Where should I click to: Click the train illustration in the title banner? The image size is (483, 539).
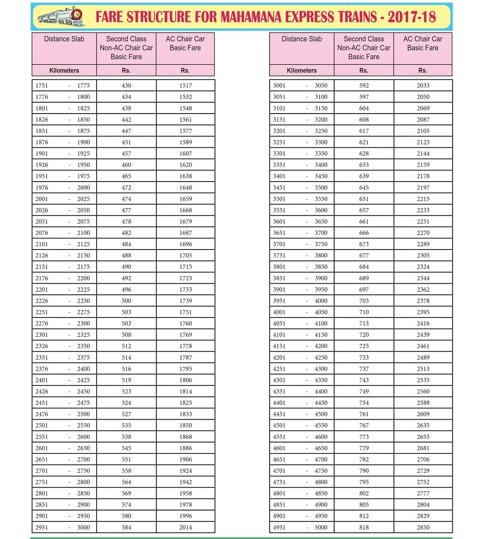point(61,17)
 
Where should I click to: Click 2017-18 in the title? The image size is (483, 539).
point(411,17)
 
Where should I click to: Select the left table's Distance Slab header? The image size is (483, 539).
point(64,39)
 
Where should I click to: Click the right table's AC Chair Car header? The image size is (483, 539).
point(422,43)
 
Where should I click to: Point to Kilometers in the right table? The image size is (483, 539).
point(302,70)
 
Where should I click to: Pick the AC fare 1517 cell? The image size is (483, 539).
point(185,86)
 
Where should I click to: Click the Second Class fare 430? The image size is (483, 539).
point(126,86)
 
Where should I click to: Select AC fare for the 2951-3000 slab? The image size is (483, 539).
point(185,527)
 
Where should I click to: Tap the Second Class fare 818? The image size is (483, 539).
point(364,527)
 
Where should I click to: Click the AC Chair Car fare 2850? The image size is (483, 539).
point(423,527)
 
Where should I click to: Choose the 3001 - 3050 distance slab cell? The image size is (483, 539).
point(301,86)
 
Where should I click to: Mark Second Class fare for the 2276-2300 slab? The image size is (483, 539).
point(126,323)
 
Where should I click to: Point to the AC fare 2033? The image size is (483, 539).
point(423,86)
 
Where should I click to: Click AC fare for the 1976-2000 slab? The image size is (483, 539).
point(185,187)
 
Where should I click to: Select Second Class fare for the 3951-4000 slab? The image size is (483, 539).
point(364,301)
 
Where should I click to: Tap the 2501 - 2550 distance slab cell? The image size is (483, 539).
point(64,425)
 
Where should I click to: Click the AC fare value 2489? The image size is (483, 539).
point(423,357)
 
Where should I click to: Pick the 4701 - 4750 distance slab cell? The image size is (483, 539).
point(301,471)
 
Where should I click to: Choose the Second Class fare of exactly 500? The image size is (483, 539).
point(126,301)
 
